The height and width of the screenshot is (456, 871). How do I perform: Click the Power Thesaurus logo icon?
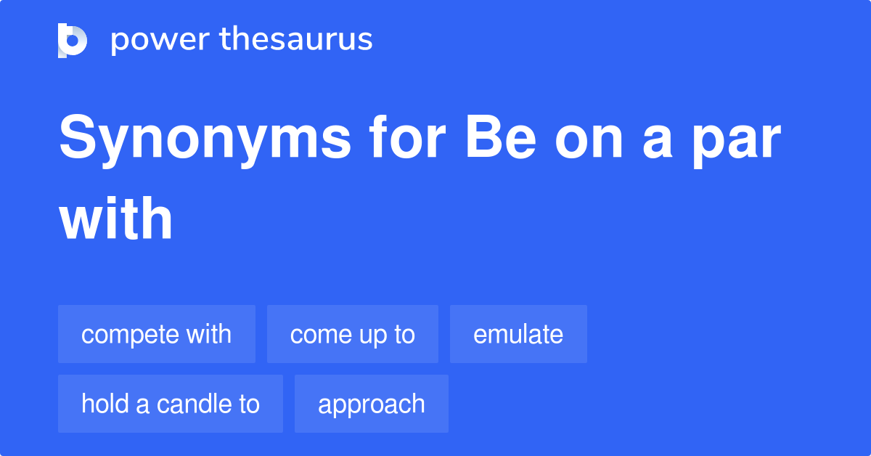tap(73, 40)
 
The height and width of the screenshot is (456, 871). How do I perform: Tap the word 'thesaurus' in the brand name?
tap(296, 40)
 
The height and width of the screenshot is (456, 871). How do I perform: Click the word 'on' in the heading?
tap(589, 142)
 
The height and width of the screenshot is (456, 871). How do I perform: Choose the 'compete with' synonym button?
tap(157, 334)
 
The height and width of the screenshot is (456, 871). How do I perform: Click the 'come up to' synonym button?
tap(353, 334)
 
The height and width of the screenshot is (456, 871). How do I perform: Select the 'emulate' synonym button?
tap(518, 334)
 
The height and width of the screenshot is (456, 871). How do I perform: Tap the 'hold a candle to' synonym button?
tap(171, 404)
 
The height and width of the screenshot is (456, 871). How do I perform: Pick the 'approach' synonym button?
tap(372, 404)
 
